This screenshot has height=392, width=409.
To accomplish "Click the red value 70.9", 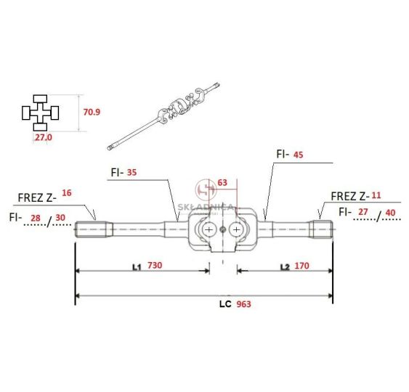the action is click(x=92, y=112).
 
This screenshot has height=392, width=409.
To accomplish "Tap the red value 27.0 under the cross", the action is click(x=44, y=137).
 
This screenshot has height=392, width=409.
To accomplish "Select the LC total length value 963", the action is click(x=243, y=304).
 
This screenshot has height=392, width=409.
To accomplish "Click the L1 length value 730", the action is click(x=155, y=265).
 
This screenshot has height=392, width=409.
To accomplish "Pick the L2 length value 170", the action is click(x=301, y=266).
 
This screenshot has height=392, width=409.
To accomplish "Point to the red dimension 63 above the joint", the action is click(x=222, y=182).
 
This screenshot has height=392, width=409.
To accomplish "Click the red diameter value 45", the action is click(x=298, y=155).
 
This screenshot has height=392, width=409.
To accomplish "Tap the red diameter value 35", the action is click(x=131, y=172).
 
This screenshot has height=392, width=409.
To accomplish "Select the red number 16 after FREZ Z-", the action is click(x=67, y=192).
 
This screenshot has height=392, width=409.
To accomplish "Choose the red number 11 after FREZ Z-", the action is click(x=376, y=195).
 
